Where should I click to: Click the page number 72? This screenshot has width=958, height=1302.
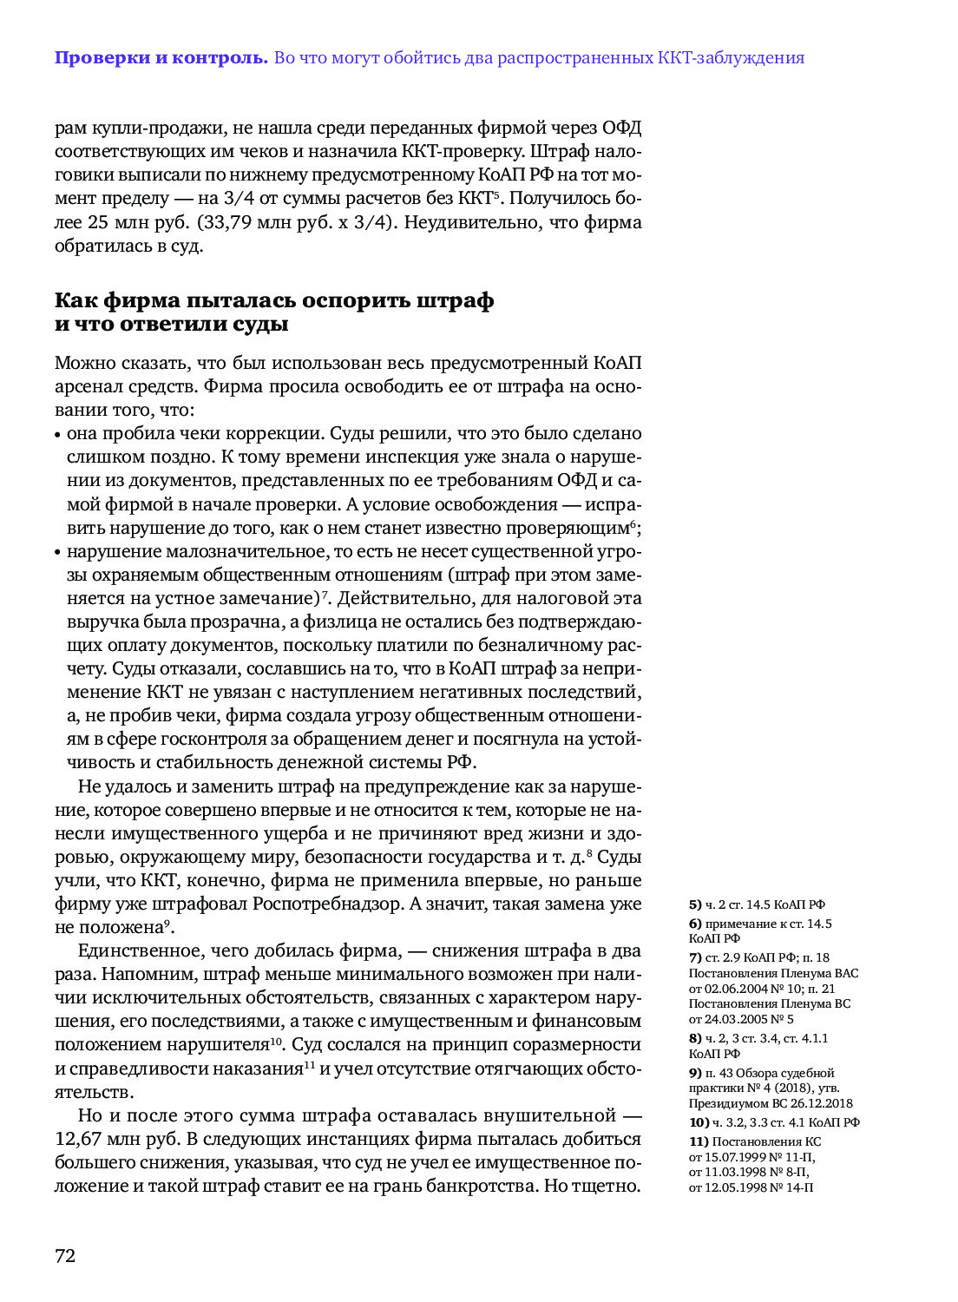[65, 1256]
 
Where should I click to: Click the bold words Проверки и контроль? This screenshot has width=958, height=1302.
[161, 58]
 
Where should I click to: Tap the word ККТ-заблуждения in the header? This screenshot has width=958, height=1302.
[731, 58]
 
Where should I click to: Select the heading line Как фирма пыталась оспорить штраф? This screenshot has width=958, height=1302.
[274, 300]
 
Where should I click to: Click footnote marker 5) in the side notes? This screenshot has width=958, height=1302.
[695, 904]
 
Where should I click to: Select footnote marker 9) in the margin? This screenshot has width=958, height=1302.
[695, 1073]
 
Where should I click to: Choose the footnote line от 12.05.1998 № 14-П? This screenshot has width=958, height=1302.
[751, 1187]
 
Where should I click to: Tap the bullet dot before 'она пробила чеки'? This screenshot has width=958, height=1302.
[58, 435]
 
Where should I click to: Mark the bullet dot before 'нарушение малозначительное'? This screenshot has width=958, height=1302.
[58, 552]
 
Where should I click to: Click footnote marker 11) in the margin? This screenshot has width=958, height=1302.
[699, 1141]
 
